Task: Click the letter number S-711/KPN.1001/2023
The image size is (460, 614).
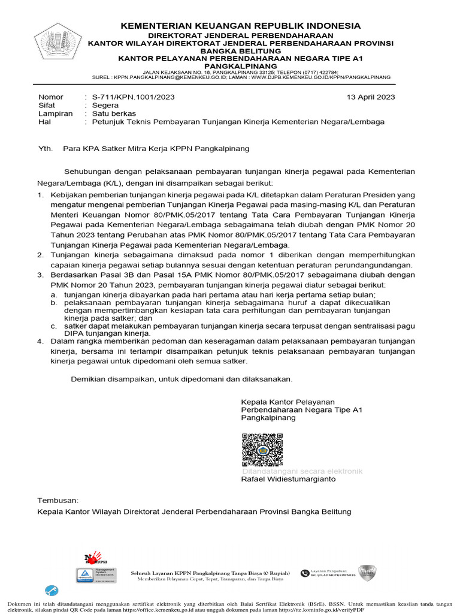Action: tap(130, 97)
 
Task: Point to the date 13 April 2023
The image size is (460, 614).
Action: tap(371, 97)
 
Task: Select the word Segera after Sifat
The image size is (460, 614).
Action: tap(105, 105)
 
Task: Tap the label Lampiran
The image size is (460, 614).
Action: tap(55, 113)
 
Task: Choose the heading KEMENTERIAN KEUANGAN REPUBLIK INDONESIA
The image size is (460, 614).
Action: tap(241, 26)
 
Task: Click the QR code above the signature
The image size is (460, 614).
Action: tap(262, 450)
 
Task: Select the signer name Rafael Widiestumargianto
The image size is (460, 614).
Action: tap(288, 479)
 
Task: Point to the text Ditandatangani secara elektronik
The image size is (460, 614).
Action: tap(302, 471)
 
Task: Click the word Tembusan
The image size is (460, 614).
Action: tap(58, 499)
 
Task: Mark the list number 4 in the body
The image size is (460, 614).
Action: tap(41, 341)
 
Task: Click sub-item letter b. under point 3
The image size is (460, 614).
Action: tap(53, 303)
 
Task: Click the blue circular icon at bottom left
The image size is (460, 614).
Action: tap(52, 590)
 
